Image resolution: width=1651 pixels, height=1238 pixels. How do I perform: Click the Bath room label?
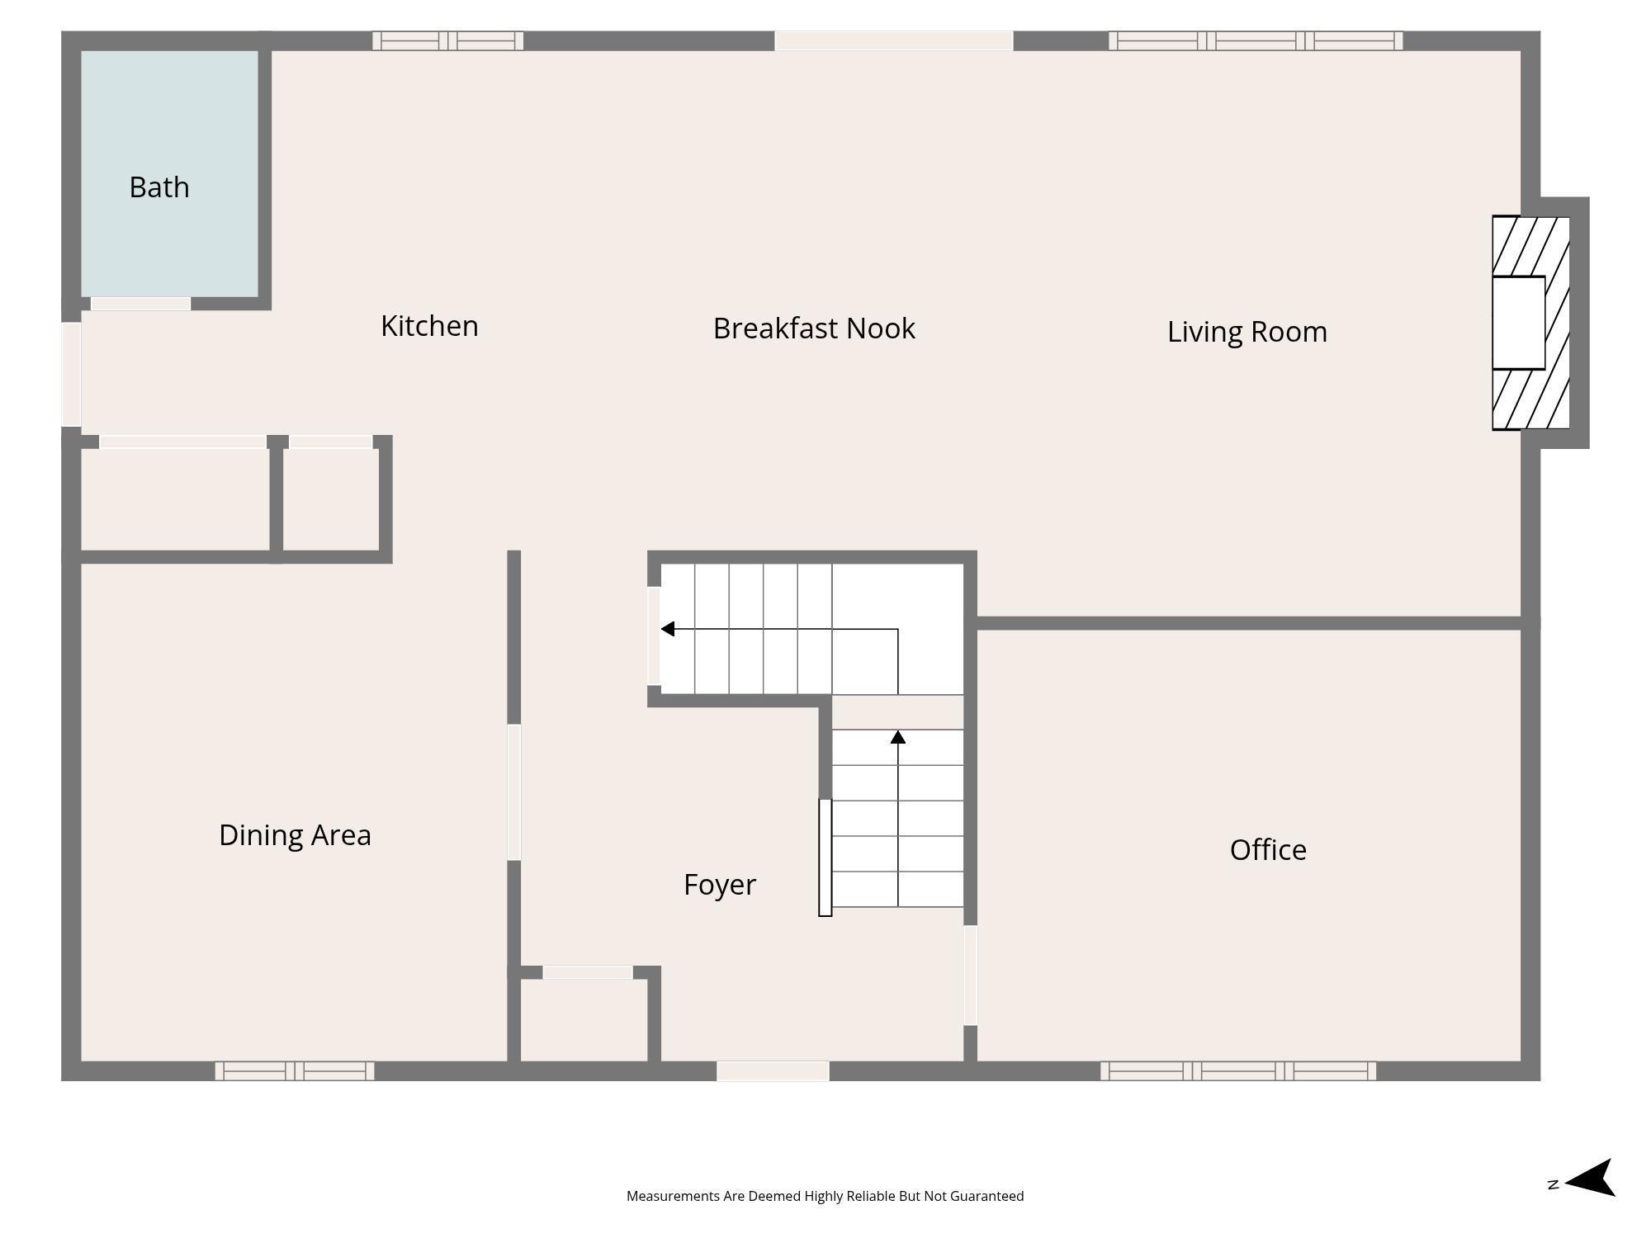tap(159, 187)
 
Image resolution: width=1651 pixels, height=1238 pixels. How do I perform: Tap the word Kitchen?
tap(429, 326)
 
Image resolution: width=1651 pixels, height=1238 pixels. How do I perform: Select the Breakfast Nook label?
tap(814, 328)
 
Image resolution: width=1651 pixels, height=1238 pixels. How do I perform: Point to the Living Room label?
tap(1247, 332)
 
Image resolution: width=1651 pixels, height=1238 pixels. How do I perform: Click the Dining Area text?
tap(295, 835)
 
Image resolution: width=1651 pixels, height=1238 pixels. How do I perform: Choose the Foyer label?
tap(720, 885)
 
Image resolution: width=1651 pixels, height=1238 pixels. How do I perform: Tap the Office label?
tap(1268, 850)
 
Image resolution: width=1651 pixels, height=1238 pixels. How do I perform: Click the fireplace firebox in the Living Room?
tap(1518, 323)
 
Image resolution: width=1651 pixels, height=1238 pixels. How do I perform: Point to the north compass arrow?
tap(1589, 1178)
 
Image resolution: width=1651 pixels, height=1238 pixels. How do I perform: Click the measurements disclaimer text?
tap(825, 1196)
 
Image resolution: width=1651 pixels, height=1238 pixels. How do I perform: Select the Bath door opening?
tap(140, 304)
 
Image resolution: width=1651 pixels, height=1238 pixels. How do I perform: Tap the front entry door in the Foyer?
tap(773, 1070)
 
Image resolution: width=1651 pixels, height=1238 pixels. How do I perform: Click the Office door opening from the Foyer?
tap(971, 975)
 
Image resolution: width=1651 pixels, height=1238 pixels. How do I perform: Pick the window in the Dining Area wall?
tap(295, 1070)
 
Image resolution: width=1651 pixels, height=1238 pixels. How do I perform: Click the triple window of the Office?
tap(1238, 1070)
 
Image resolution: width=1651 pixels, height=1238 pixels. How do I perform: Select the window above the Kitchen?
tap(447, 40)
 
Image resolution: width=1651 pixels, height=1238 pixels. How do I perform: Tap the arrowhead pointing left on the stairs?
tap(668, 629)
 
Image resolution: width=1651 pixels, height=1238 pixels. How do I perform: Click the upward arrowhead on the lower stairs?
tap(898, 736)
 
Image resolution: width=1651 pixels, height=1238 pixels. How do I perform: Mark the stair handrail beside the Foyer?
tap(825, 858)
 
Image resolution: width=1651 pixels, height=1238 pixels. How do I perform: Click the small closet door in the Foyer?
tap(588, 972)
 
